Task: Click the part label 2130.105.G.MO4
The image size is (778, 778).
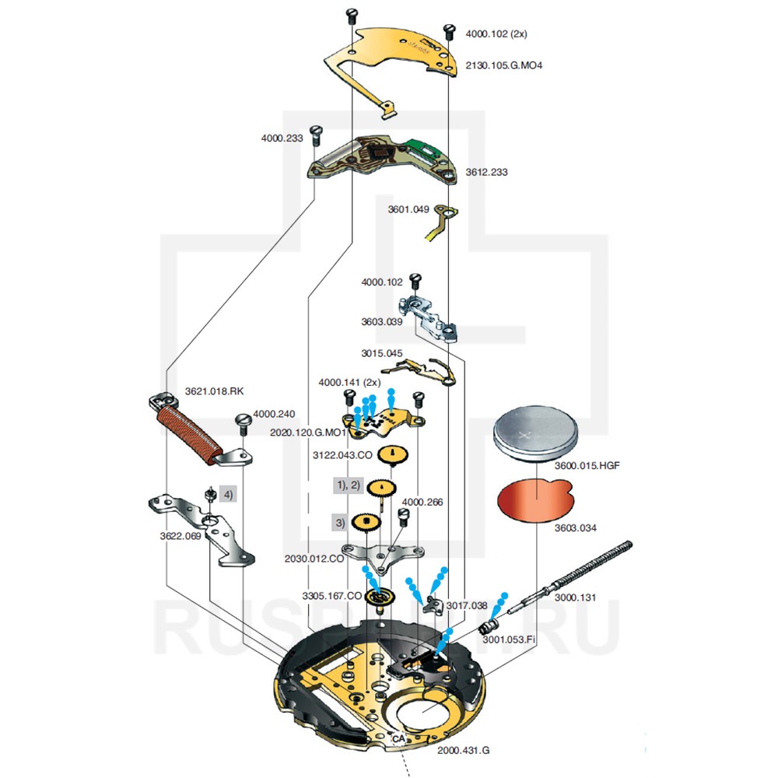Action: coord(503,65)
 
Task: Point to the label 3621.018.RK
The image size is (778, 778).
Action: coord(219,391)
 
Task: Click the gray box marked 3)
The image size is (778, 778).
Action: coord(339,522)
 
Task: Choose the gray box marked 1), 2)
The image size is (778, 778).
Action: coord(348,485)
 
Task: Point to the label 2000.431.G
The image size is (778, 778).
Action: coord(463,750)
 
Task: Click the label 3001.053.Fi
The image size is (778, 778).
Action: coord(509,639)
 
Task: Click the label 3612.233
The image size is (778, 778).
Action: coord(486,172)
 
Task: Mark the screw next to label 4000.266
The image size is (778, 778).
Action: coord(403,516)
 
